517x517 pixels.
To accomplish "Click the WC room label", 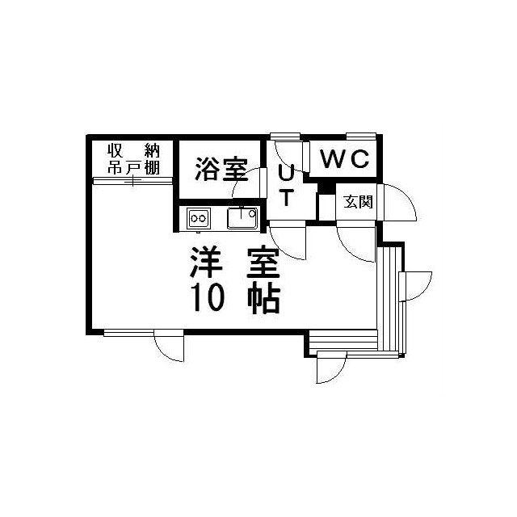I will [344, 159].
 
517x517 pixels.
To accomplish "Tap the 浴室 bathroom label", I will [221, 170].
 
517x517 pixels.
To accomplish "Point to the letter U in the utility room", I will [286, 172].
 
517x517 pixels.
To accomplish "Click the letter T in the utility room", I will [286, 196].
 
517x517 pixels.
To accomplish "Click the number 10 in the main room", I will [208, 299].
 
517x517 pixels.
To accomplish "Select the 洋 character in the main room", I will [208, 263].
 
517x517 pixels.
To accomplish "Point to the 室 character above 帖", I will [263, 263].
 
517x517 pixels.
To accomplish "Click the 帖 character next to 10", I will [263, 299].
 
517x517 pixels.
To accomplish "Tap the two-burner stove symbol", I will [199, 217].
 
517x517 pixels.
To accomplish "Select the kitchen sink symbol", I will [242, 218].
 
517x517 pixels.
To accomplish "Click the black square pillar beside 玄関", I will [326, 189].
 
